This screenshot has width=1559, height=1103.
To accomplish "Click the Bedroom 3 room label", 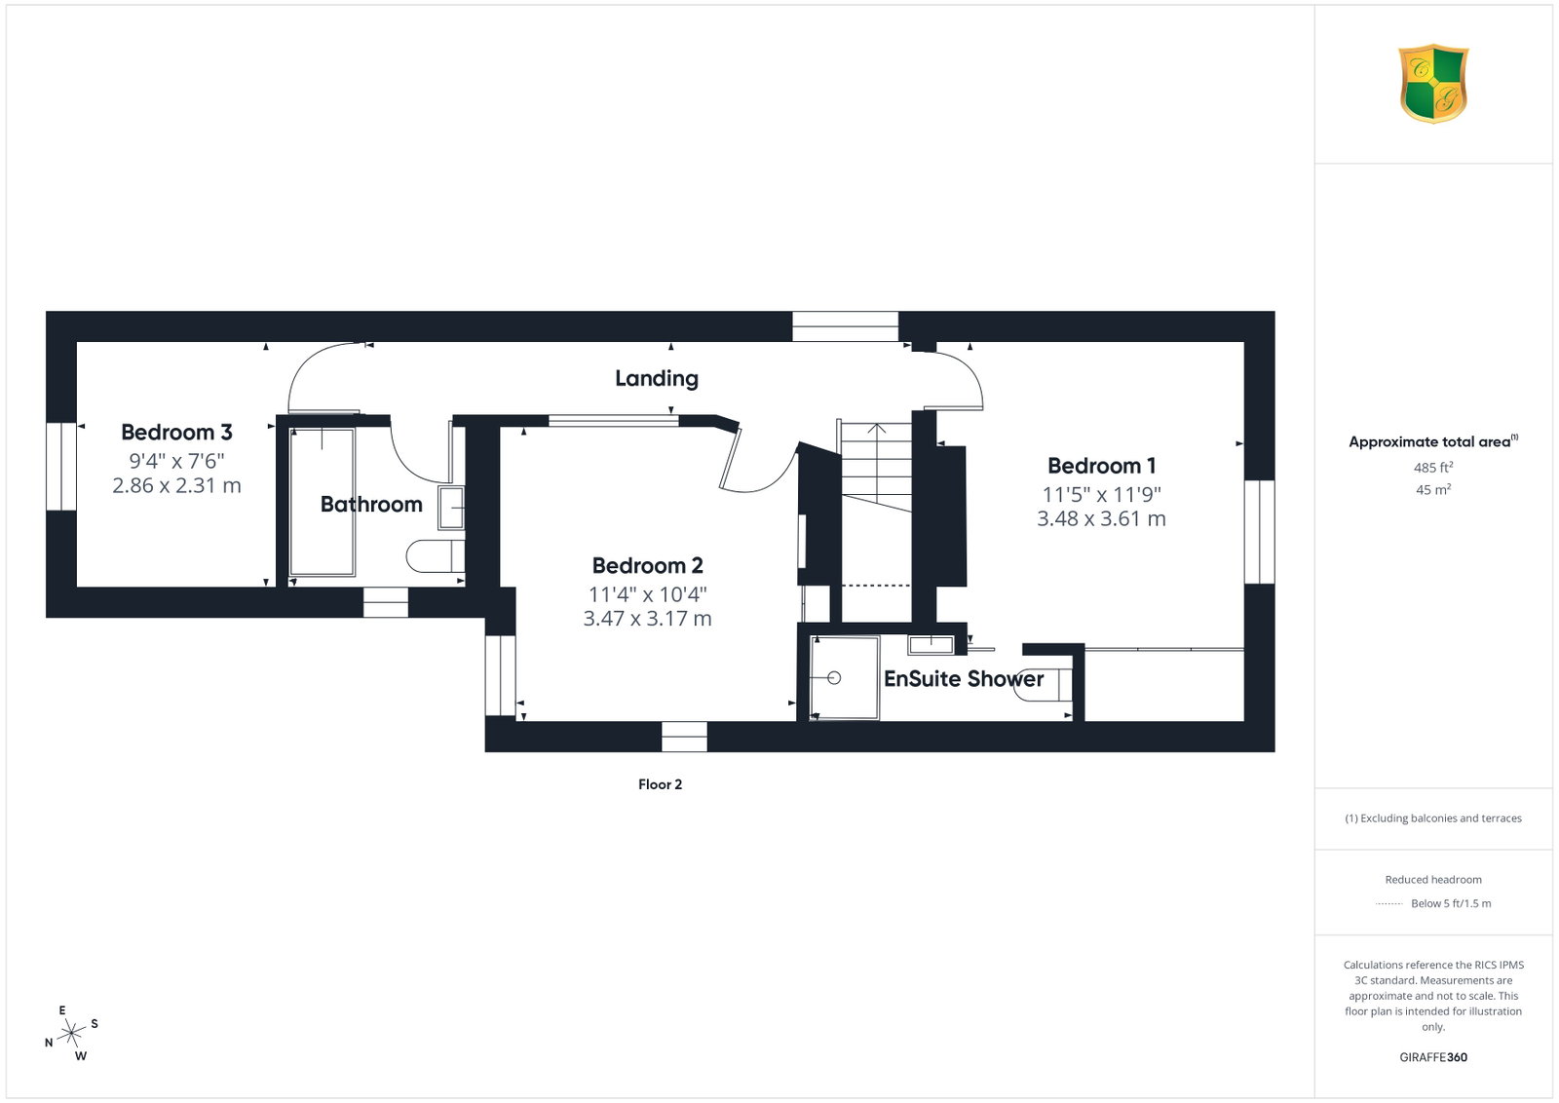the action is (x=176, y=433).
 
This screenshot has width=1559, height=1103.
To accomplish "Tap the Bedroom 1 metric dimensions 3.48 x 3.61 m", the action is (x=1101, y=518).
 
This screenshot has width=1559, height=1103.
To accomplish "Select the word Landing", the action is (x=657, y=379).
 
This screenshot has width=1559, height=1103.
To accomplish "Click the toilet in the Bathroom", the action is (x=436, y=556).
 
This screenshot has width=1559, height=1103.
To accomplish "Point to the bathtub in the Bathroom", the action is (x=323, y=502).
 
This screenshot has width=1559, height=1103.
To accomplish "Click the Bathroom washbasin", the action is (x=451, y=508).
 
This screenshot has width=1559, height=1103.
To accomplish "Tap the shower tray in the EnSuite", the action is (x=844, y=678).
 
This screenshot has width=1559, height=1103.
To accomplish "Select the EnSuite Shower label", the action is (x=964, y=679).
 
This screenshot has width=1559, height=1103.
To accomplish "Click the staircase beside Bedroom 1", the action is (x=876, y=467).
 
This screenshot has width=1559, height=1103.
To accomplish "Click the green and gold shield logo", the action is (x=1433, y=84).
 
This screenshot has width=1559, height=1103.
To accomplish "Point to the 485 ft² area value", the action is (x=1433, y=468).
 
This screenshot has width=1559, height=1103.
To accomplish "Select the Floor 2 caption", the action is (x=660, y=784).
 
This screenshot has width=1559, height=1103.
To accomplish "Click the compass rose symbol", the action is (x=71, y=1034).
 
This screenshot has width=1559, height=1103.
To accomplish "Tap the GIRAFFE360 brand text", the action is (x=1433, y=1057).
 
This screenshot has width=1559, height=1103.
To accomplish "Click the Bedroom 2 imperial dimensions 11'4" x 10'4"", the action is (x=647, y=595).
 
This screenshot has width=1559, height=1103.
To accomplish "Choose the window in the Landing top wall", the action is (x=845, y=326).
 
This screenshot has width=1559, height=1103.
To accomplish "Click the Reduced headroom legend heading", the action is (x=1433, y=880).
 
